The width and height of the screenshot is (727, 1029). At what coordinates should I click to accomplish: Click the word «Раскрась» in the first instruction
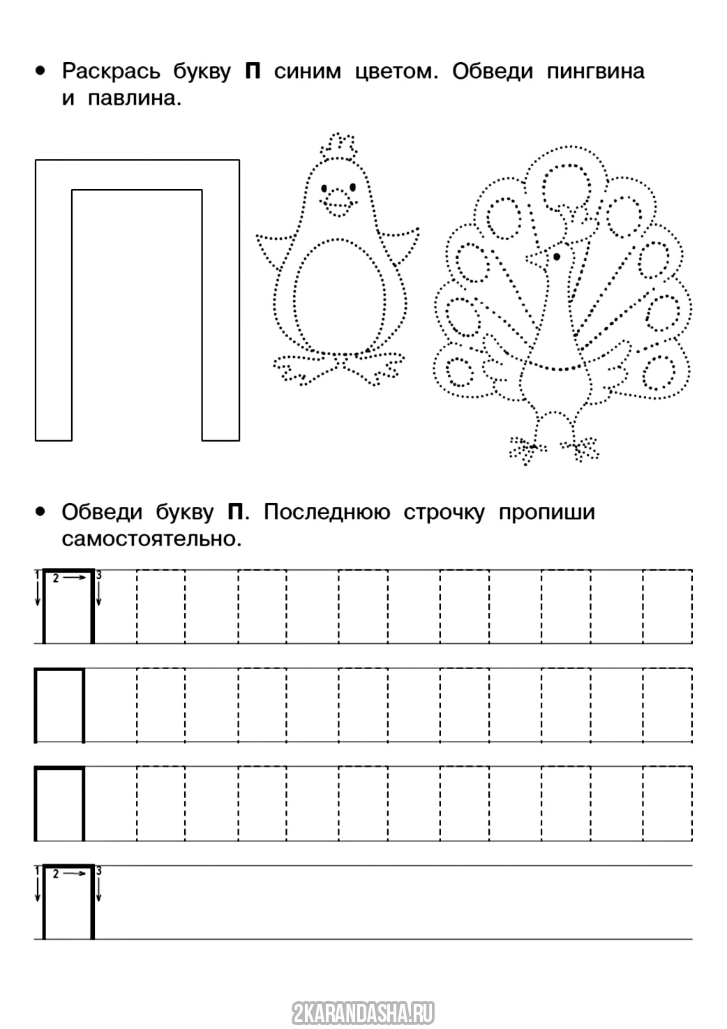[111, 71]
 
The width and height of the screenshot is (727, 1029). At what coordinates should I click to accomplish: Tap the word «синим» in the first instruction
[307, 71]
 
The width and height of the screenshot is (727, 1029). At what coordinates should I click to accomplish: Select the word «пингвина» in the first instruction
[595, 71]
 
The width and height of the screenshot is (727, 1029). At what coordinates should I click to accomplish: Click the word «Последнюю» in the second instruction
[327, 512]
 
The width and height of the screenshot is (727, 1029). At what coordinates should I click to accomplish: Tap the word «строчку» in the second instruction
[444, 512]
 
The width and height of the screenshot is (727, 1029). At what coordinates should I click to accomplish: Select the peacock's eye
[557, 257]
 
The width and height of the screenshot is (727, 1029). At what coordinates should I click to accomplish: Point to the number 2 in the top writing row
[56, 578]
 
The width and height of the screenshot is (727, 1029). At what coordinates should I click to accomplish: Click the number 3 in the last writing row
[98, 871]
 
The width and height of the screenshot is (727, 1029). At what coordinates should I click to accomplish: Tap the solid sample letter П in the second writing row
[59, 705]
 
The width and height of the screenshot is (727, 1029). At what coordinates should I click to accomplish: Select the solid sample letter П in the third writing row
[59, 803]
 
